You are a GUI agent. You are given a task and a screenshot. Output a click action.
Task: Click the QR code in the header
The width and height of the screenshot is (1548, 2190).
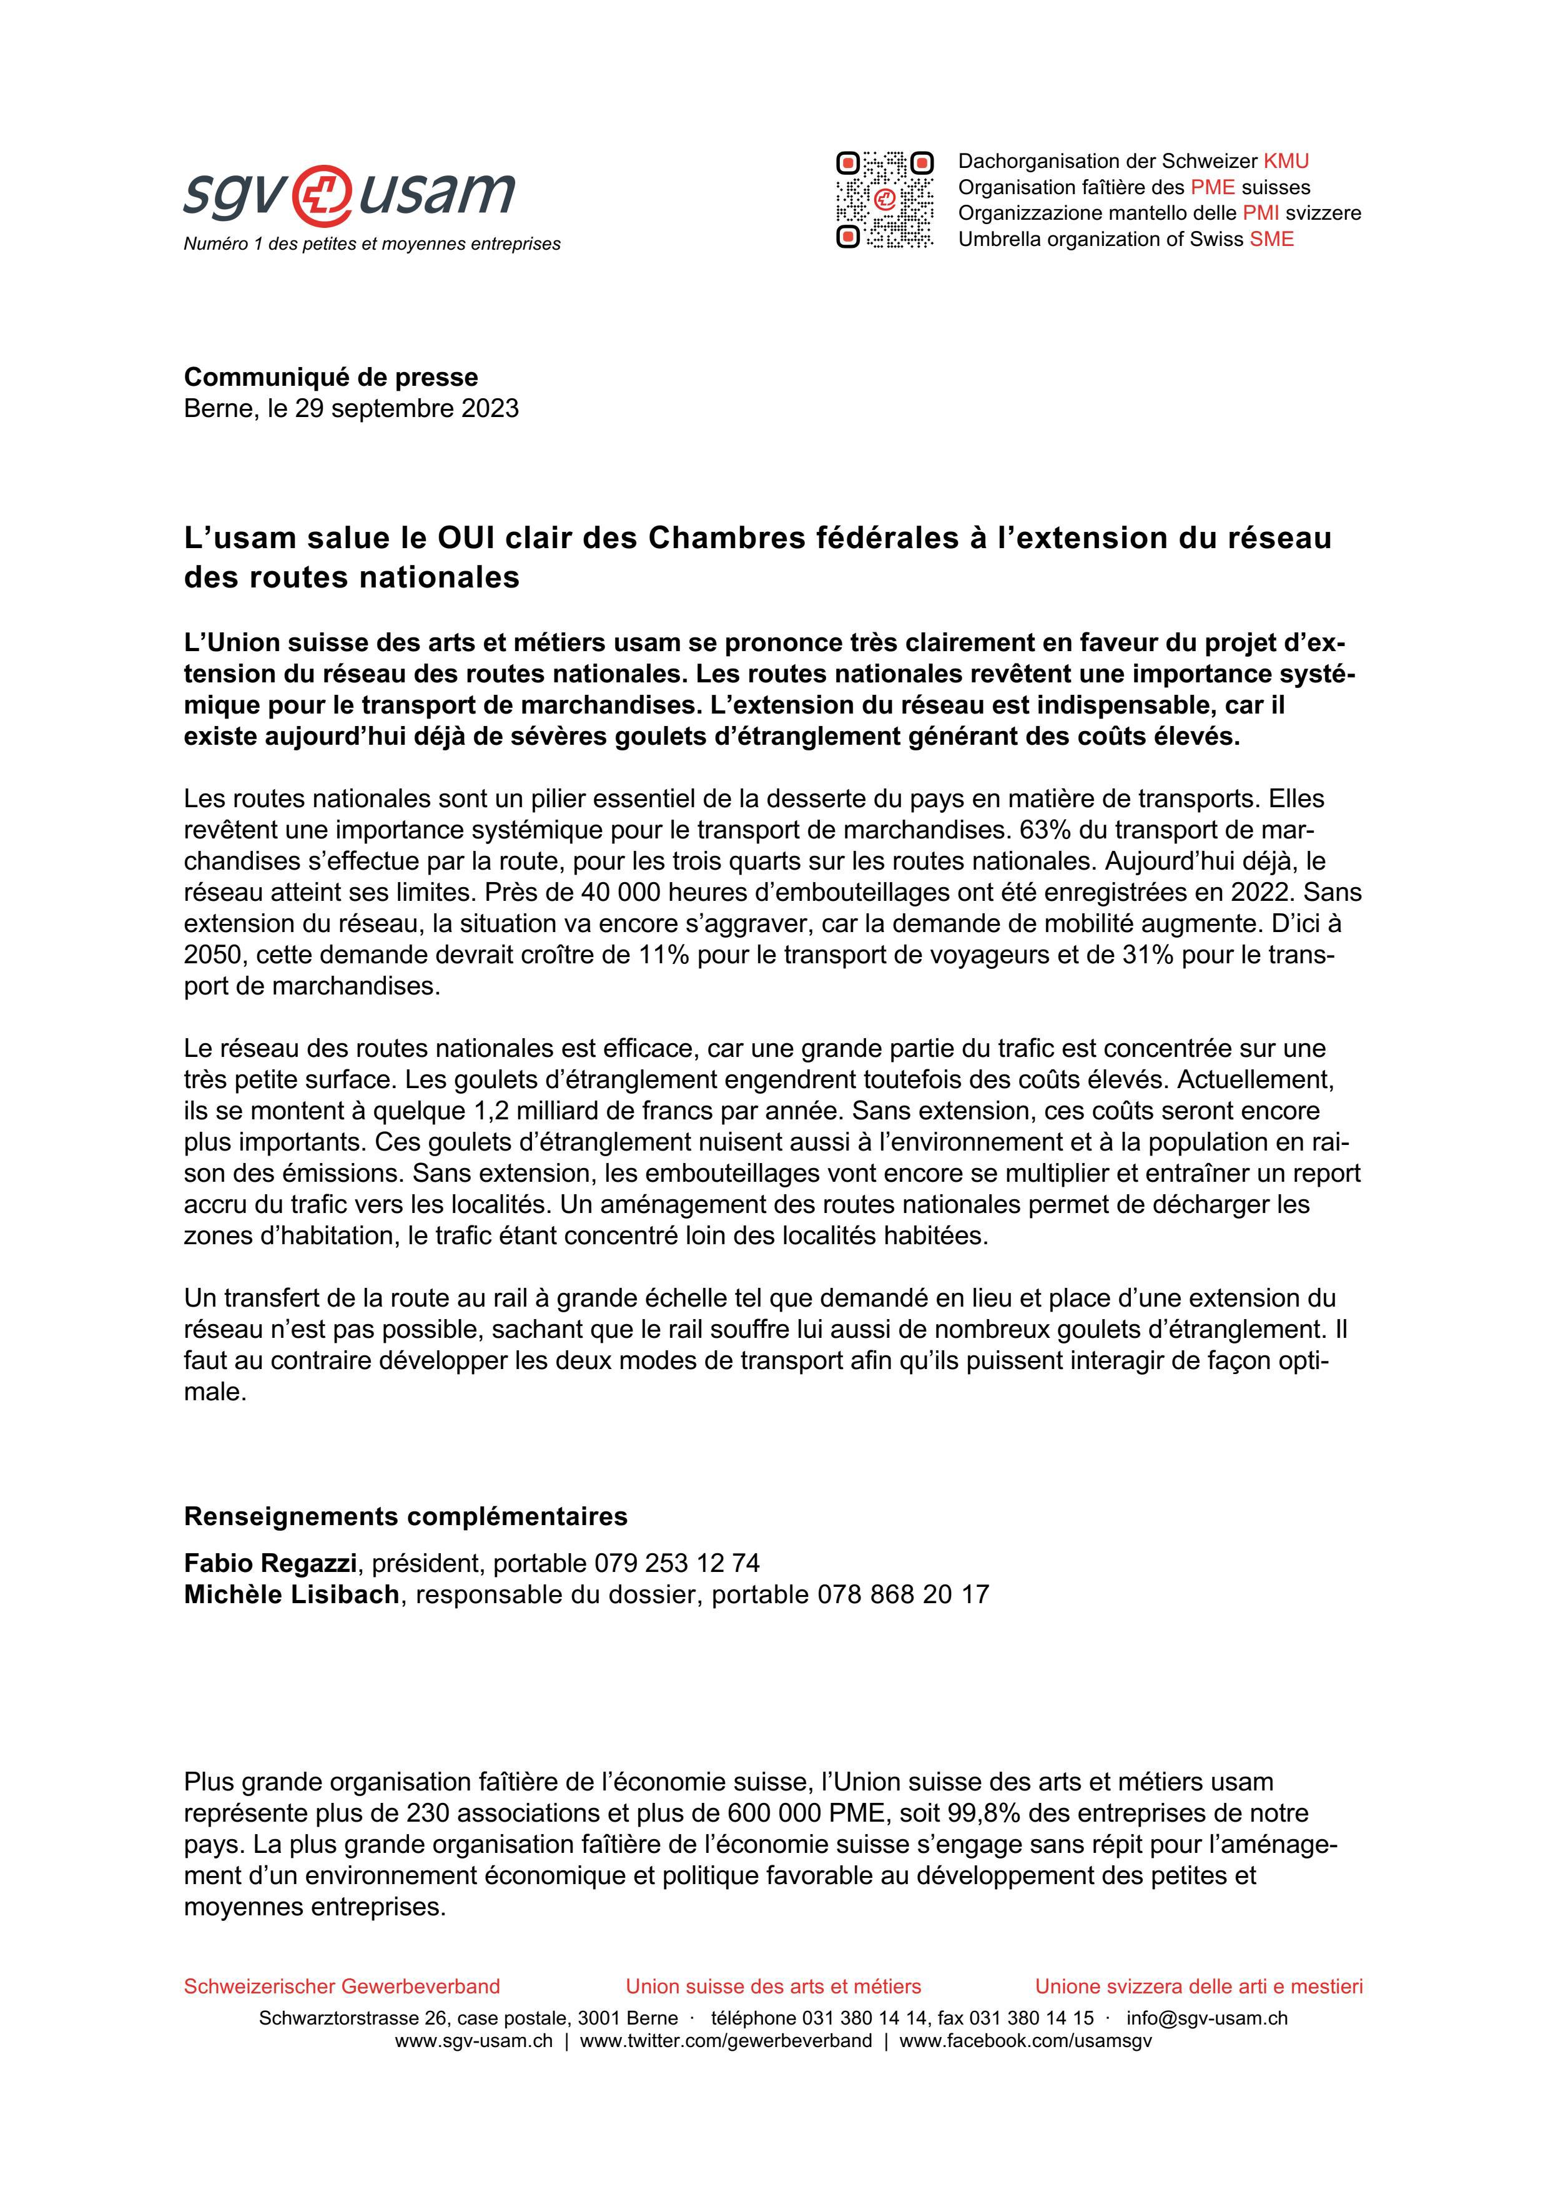[884, 199]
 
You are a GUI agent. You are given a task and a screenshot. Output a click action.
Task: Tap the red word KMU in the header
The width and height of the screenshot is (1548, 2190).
[1286, 161]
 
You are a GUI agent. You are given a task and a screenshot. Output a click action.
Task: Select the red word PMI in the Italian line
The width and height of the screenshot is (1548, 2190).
[1260, 214]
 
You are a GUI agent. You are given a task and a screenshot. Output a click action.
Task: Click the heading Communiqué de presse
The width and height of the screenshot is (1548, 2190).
[331, 377]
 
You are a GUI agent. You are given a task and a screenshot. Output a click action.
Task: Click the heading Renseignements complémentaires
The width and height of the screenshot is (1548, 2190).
[405, 1516]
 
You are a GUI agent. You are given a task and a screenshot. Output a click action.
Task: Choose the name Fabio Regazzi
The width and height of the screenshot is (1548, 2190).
[270, 1563]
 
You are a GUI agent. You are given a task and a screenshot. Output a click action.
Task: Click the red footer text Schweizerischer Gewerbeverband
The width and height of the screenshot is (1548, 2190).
[342, 1987]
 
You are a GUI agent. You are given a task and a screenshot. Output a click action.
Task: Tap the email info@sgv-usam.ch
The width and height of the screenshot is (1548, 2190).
[1206, 2018]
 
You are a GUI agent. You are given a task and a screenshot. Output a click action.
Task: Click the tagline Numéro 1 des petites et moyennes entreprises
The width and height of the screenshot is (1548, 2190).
[372, 244]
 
